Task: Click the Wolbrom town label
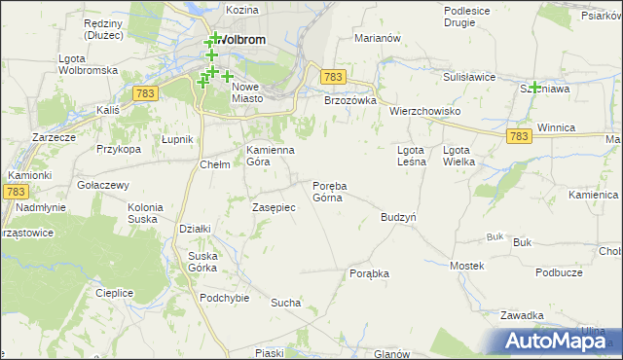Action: [238, 40]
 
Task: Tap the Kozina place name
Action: [242, 9]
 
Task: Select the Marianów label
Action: [379, 38]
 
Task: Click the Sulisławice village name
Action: [469, 76]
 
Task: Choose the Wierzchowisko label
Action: [424, 111]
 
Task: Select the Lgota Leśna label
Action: [420, 156]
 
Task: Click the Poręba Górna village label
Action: [329, 191]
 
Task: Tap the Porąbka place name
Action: [369, 273]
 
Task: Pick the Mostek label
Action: [466, 265]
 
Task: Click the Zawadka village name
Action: [522, 315]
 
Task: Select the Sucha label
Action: [285, 303]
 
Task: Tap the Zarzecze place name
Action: [54, 138]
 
